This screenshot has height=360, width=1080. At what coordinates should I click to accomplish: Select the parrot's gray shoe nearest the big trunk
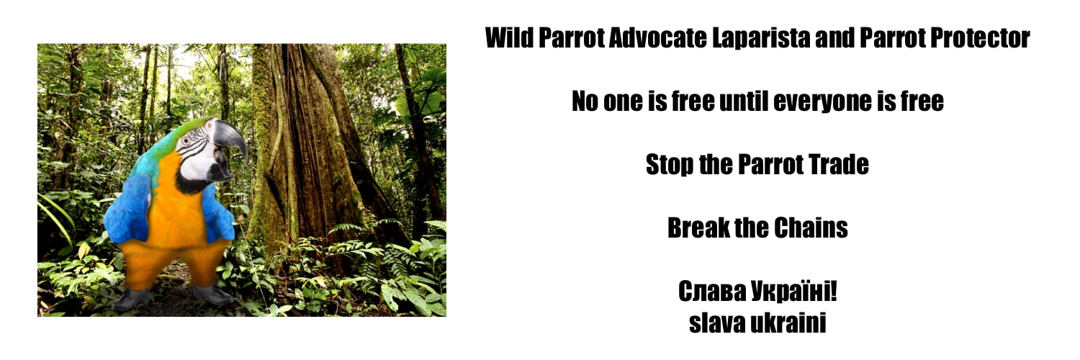[213, 294]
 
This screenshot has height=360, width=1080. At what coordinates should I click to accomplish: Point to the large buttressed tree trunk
[302, 144]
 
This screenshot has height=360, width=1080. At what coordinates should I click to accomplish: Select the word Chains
[811, 228]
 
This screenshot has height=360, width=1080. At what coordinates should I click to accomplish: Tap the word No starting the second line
[585, 102]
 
